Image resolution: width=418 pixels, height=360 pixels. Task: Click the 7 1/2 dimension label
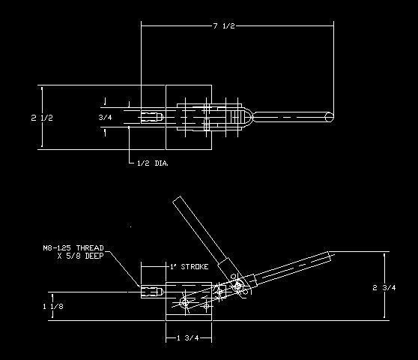(224, 26)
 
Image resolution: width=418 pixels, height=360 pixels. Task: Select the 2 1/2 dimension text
(42, 118)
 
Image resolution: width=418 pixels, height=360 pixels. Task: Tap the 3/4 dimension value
(106, 117)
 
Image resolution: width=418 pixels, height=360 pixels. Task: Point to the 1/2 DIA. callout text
(153, 163)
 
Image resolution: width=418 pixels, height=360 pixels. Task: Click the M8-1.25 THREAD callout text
(73, 248)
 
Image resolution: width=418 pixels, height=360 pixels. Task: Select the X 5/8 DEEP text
(80, 256)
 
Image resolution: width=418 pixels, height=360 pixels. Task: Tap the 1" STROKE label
(190, 266)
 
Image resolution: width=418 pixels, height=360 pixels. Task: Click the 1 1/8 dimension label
(53, 306)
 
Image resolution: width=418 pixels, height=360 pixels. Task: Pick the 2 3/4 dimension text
(384, 287)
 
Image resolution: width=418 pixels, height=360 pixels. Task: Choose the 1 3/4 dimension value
(188, 338)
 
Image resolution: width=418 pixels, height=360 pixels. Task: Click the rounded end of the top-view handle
(330, 117)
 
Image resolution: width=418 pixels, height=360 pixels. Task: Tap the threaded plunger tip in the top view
(152, 117)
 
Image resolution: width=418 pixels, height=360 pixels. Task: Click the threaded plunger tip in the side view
(152, 291)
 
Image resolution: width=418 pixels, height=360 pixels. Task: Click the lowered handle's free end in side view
(330, 256)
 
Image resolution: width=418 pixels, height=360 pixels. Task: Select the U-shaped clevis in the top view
(247, 118)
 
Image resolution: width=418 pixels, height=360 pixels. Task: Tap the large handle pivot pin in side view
(237, 286)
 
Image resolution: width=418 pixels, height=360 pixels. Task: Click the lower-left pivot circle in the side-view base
(184, 302)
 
